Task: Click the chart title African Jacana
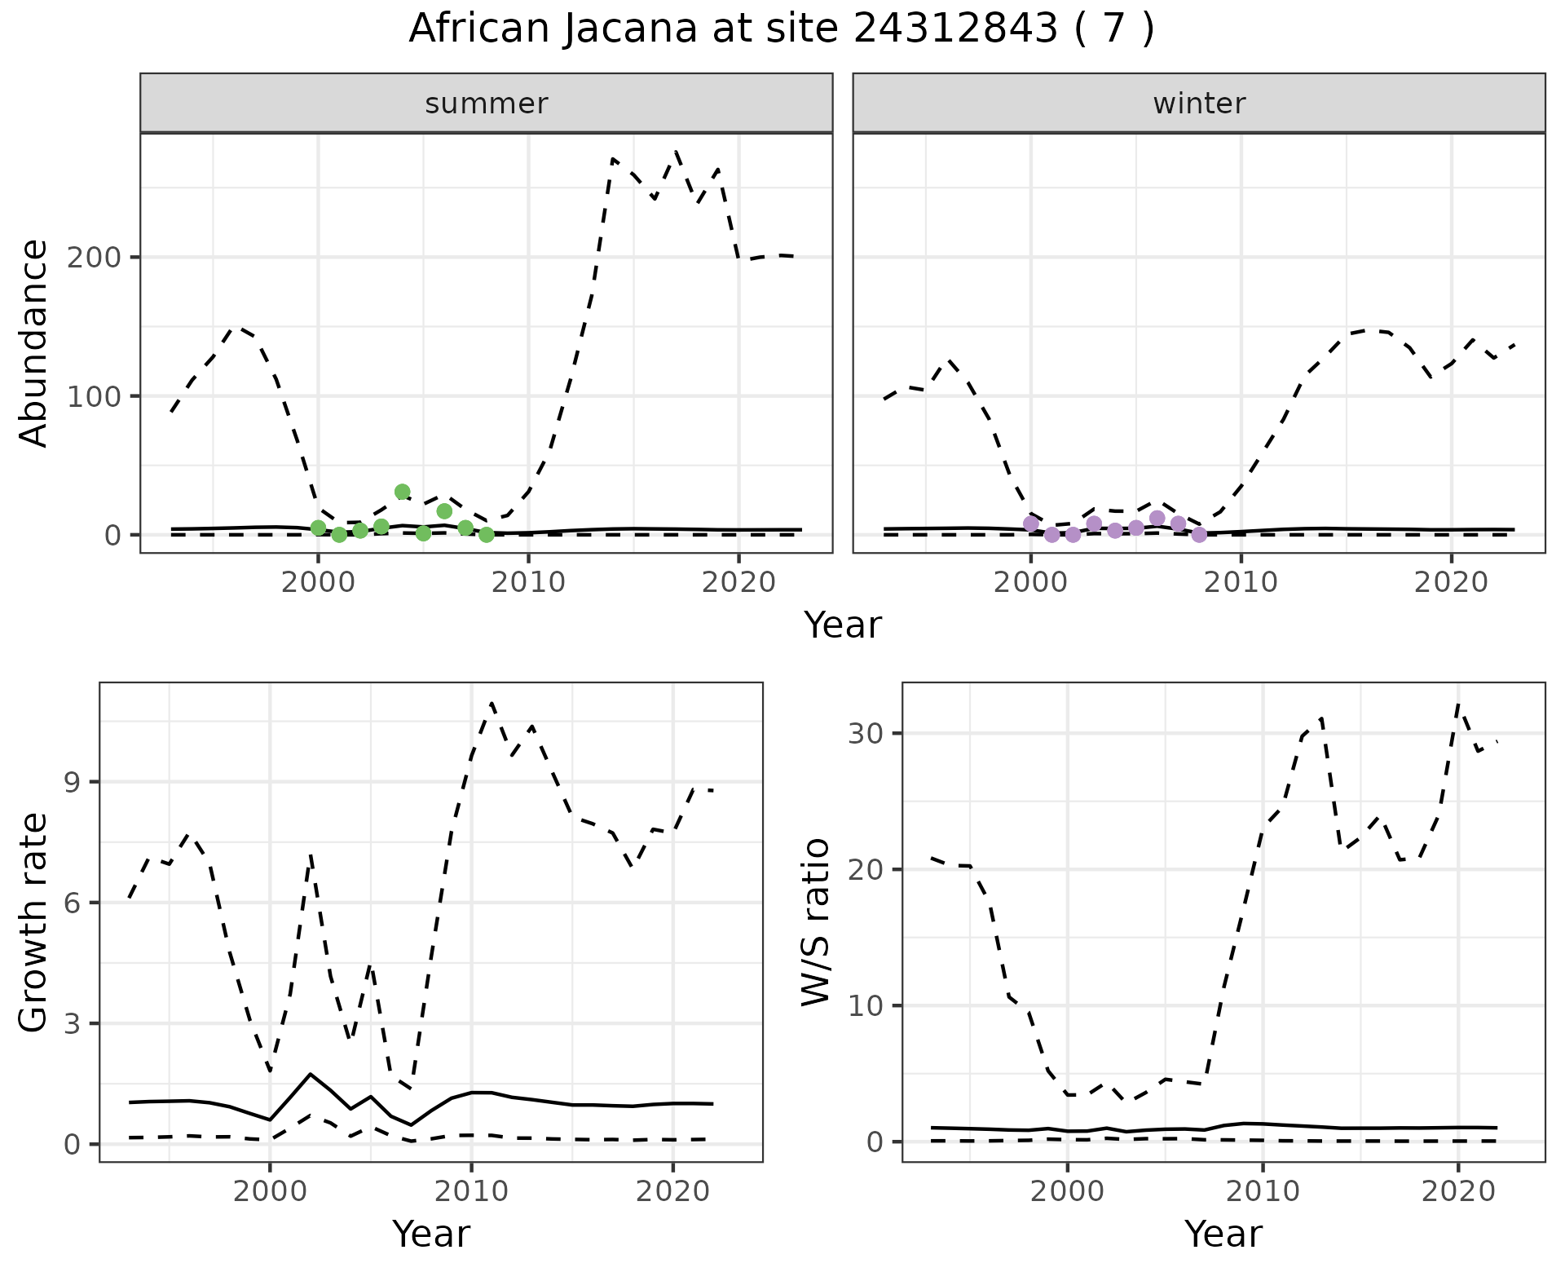coord(781,29)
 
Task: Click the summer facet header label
coord(487,104)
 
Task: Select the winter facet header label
coord(1199,104)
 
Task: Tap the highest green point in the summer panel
coord(402,492)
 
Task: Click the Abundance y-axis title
coord(34,343)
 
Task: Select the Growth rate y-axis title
coord(34,922)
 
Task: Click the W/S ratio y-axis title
coord(816,922)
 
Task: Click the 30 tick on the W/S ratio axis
coord(866,733)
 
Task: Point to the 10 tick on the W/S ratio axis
coord(866,1005)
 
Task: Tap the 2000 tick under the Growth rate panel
coord(270,1191)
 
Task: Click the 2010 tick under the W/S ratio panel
coord(1263,1191)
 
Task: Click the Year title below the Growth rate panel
coord(431,1234)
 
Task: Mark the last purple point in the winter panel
coord(1199,535)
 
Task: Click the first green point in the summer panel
coord(318,528)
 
